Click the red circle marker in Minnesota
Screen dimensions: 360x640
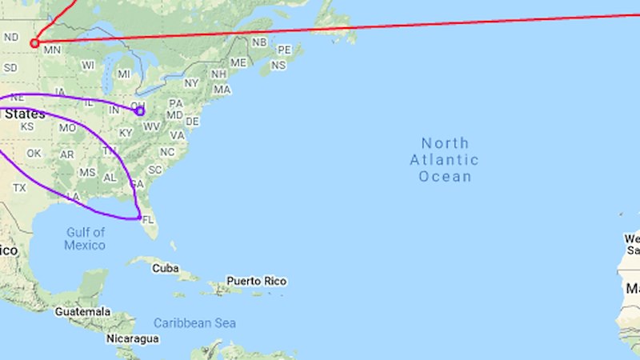click(34, 43)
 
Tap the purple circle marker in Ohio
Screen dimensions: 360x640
click(140, 111)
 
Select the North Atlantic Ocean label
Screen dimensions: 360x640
click(445, 159)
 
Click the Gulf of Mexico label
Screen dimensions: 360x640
click(86, 238)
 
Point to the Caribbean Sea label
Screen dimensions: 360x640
click(195, 322)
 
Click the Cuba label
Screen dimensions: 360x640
click(166, 268)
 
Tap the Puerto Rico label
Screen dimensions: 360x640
click(256, 281)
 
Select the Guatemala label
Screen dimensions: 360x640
click(83, 310)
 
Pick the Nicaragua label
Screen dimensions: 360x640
click(132, 339)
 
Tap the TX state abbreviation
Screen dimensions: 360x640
click(20, 188)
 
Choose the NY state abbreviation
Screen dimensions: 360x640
click(191, 83)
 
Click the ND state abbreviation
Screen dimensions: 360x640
click(11, 37)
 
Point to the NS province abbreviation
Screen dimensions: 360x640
click(278, 65)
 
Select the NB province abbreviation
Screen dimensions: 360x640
click(259, 42)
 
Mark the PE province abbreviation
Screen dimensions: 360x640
click(283, 50)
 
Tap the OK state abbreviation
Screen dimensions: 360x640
click(34, 153)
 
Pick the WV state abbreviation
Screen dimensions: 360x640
click(152, 126)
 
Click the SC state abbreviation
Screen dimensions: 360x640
click(155, 170)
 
